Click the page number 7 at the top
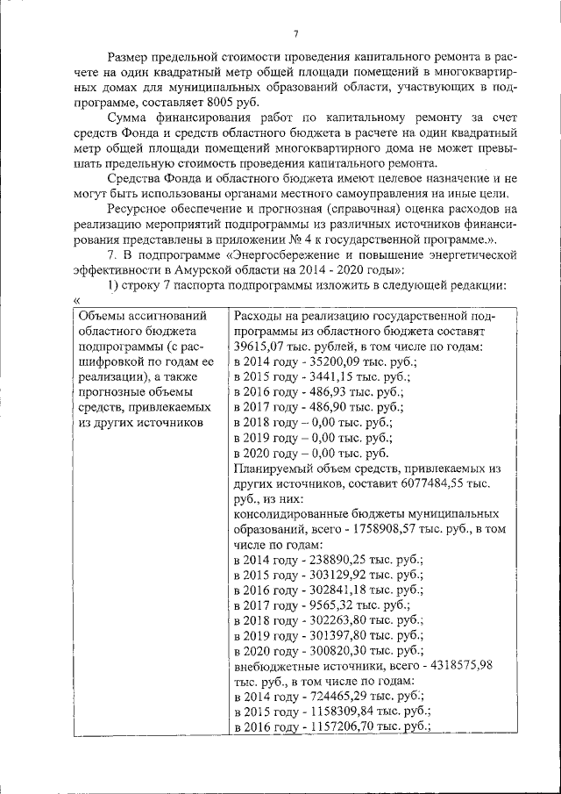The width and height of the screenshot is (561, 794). coord(296,33)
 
